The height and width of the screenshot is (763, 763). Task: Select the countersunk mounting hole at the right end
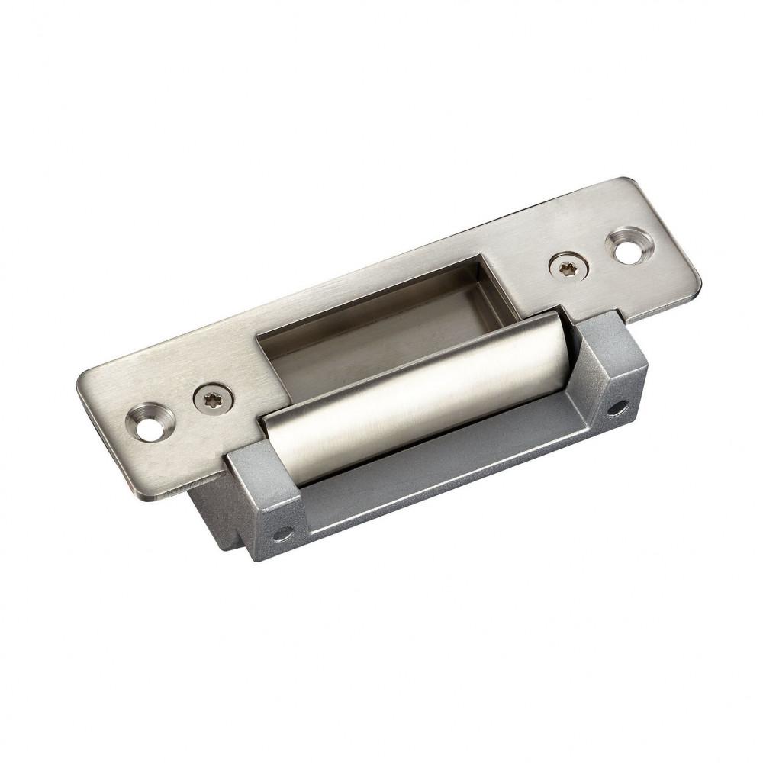626,247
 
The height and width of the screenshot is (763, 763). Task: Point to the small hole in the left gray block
283,533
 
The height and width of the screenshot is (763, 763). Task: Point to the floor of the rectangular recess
381,336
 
